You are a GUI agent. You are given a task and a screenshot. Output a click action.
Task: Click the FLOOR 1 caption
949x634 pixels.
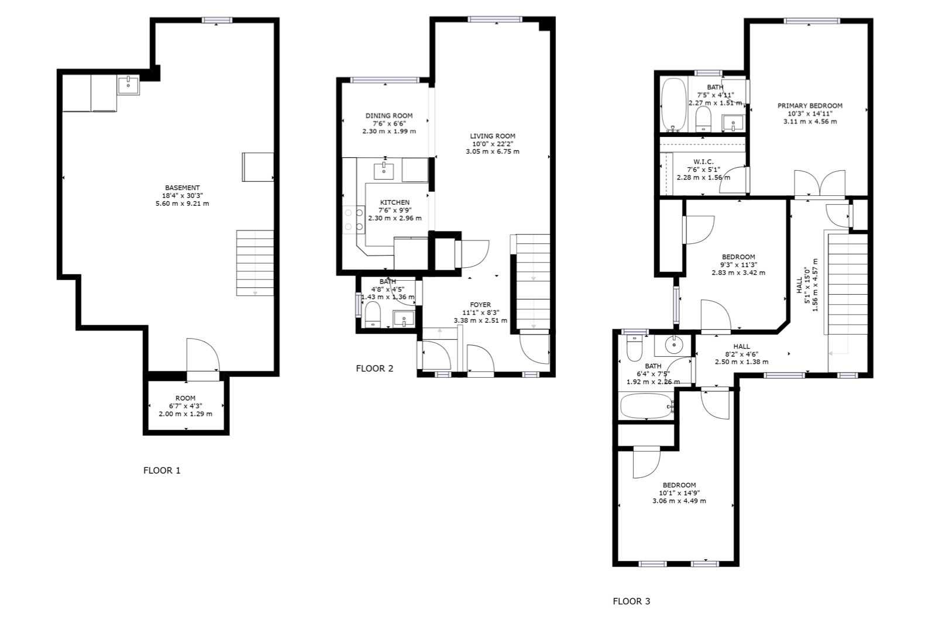pyautogui.click(x=162, y=470)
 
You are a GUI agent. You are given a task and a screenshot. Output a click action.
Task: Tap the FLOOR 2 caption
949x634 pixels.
pyautogui.click(x=374, y=368)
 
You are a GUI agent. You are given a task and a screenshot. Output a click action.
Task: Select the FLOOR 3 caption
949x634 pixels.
pyautogui.click(x=631, y=601)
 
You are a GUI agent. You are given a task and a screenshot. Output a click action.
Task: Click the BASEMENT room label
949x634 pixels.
pyautogui.click(x=182, y=188)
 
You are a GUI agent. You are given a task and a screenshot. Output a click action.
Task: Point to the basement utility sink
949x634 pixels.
pyautogui.click(x=128, y=85)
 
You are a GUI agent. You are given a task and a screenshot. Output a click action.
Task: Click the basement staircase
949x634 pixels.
pyautogui.click(x=255, y=263)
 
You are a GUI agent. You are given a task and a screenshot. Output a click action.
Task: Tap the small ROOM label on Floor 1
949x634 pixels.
pyautogui.click(x=185, y=398)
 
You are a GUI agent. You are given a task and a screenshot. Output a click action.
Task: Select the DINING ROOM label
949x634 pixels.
pyautogui.click(x=389, y=116)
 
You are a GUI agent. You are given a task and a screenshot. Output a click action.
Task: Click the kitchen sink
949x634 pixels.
pyautogui.click(x=384, y=171)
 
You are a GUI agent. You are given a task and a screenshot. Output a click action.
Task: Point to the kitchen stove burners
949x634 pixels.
pyautogui.click(x=354, y=219)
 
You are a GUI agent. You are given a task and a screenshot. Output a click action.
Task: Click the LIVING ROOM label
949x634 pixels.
pyautogui.click(x=493, y=136)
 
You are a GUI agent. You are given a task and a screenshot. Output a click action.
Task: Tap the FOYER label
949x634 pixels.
pyautogui.click(x=480, y=305)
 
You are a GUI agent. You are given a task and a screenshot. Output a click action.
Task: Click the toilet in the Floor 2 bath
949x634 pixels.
pyautogui.click(x=373, y=314)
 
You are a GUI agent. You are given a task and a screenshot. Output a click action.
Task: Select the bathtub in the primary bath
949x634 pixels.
pyautogui.click(x=673, y=105)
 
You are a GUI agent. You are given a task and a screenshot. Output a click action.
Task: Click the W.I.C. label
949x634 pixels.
pyautogui.click(x=704, y=162)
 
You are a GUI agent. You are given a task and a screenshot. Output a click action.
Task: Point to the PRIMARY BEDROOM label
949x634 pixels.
pyautogui.click(x=810, y=106)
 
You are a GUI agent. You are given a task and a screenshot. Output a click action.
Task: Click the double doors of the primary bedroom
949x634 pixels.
pyautogui.click(x=820, y=184)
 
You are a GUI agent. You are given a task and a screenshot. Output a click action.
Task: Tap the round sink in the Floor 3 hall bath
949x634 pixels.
pyautogui.click(x=673, y=345)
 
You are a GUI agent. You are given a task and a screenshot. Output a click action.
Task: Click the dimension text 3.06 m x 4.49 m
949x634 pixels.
pyautogui.click(x=679, y=501)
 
